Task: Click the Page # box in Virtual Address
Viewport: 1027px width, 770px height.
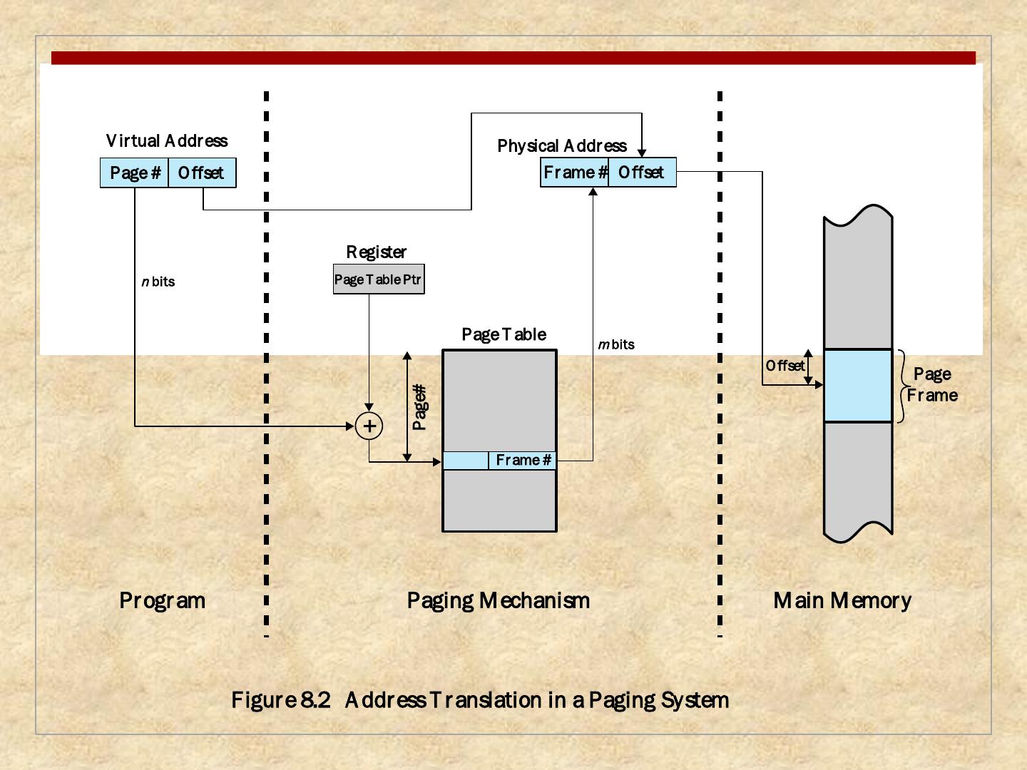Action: [134, 173]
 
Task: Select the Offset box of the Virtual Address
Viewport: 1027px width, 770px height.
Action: [202, 173]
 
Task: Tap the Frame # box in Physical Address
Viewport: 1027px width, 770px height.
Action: [575, 173]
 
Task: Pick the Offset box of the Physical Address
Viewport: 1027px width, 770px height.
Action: [642, 173]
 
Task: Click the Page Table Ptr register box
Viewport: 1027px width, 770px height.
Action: [379, 279]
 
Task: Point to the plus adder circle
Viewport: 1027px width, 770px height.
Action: [369, 426]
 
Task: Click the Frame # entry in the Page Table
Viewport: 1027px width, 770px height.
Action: [523, 461]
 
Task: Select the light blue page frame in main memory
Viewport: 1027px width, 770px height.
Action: [858, 386]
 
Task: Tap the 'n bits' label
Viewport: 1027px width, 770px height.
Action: [158, 282]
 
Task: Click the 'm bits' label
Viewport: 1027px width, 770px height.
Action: [616, 344]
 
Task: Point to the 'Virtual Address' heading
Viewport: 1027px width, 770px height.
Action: [167, 141]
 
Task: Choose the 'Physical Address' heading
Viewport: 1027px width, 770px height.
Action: [562, 146]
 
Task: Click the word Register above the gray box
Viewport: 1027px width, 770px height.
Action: [377, 252]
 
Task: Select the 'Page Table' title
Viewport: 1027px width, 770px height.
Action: [504, 334]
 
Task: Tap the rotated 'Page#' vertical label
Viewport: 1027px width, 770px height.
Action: [420, 407]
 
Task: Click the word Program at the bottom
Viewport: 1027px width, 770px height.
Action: [163, 600]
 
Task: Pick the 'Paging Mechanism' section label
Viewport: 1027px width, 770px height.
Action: [499, 600]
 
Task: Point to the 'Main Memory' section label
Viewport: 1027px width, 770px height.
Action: [842, 600]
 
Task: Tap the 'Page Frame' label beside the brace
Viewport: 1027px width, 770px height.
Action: [933, 385]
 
